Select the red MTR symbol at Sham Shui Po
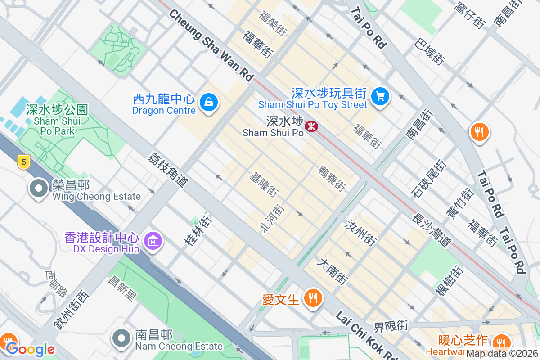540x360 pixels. [311, 126]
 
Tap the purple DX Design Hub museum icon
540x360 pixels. [153, 242]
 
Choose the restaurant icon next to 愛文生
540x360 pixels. [311, 298]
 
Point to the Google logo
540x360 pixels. [31, 349]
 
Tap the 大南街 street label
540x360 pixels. [333, 271]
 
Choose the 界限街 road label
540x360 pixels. [391, 326]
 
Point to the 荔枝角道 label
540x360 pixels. [168, 169]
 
